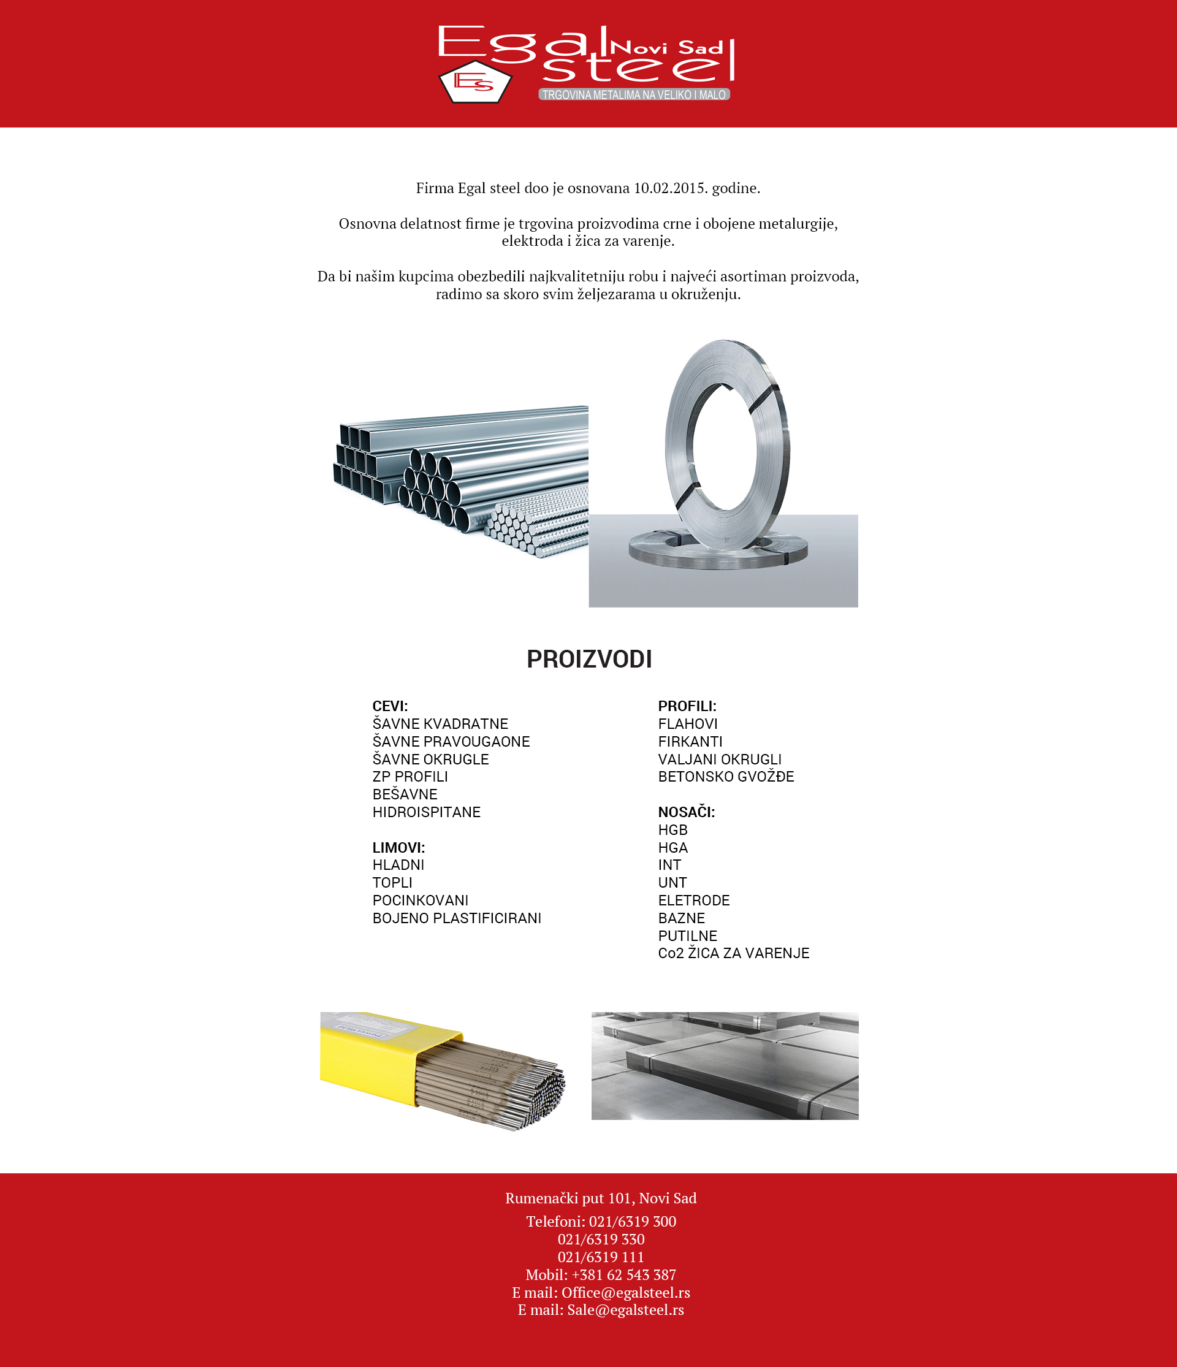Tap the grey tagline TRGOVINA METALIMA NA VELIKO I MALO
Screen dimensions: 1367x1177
[634, 95]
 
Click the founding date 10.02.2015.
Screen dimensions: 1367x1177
[669, 188]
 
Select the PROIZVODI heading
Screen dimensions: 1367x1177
[589, 659]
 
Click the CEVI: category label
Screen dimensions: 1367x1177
[390, 706]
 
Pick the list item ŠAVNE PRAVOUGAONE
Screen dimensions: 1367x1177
[451, 742]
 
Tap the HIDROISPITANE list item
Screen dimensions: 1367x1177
[426, 812]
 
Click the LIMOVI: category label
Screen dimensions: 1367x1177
[398, 847]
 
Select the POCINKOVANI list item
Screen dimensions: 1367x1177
[421, 901]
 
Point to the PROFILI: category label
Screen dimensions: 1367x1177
[687, 706]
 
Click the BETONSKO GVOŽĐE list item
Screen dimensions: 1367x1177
[726, 777]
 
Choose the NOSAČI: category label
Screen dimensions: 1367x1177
[686, 812]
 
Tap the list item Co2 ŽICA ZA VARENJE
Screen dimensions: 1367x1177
[734, 953]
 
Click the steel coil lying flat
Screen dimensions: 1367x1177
[718, 552]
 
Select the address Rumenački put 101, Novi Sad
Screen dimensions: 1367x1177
[600, 1198]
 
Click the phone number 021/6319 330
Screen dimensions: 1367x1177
[600, 1239]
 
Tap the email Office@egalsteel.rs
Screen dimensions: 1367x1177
[625, 1292]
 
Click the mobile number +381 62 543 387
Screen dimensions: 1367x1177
[623, 1274]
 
